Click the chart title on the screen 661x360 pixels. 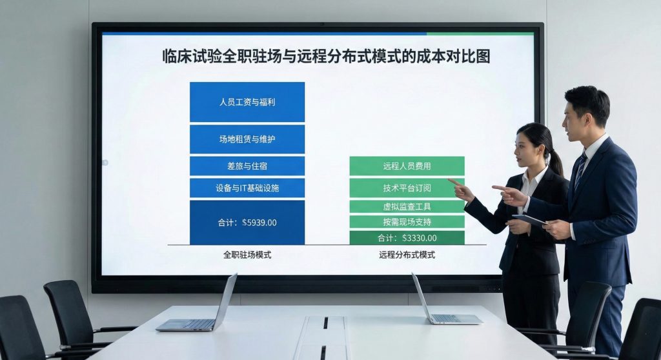pos(326,57)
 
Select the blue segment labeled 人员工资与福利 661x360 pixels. pos(247,102)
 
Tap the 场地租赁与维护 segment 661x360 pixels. pos(247,139)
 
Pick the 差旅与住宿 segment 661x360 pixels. pos(247,166)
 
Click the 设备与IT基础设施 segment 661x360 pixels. pos(247,188)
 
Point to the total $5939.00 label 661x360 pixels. pos(247,223)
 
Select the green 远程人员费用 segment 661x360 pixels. pos(407,166)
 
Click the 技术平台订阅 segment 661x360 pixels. pos(407,188)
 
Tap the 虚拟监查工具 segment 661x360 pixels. pos(407,206)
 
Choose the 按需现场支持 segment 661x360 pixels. pos(407,222)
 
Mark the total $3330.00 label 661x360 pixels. pos(407,238)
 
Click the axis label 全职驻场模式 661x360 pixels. pos(247,255)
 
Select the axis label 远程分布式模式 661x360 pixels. pos(407,255)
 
